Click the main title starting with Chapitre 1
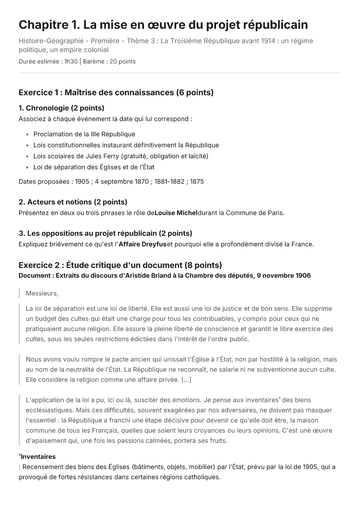tap(163, 25)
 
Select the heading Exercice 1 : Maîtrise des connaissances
tap(116, 92)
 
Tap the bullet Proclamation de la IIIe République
tap(84, 134)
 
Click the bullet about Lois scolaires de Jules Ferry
tap(121, 156)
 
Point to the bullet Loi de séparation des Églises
tap(94, 167)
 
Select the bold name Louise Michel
tap(176, 213)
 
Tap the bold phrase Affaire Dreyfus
tap(142, 244)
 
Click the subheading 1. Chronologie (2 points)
tap(61, 108)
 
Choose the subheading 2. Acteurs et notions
tap(73, 202)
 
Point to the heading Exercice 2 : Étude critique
tap(120, 265)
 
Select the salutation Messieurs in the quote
tap(42, 293)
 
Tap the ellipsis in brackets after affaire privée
tap(186, 379)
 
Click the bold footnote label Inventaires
tap(38, 457)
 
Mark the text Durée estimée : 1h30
tap(48, 61)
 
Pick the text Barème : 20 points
tap(109, 61)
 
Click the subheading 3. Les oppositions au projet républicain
tap(105, 233)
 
